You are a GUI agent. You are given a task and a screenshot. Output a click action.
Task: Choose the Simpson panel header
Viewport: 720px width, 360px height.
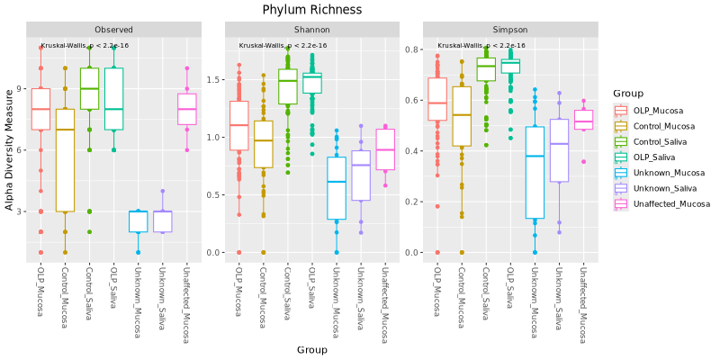coord(510,30)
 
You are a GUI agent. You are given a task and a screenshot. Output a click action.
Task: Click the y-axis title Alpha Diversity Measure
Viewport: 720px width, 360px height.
coord(10,149)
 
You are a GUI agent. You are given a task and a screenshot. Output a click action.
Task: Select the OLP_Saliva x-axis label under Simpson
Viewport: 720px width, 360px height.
coord(510,288)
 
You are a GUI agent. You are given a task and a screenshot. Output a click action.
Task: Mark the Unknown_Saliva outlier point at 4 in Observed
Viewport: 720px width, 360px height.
coord(163,191)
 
